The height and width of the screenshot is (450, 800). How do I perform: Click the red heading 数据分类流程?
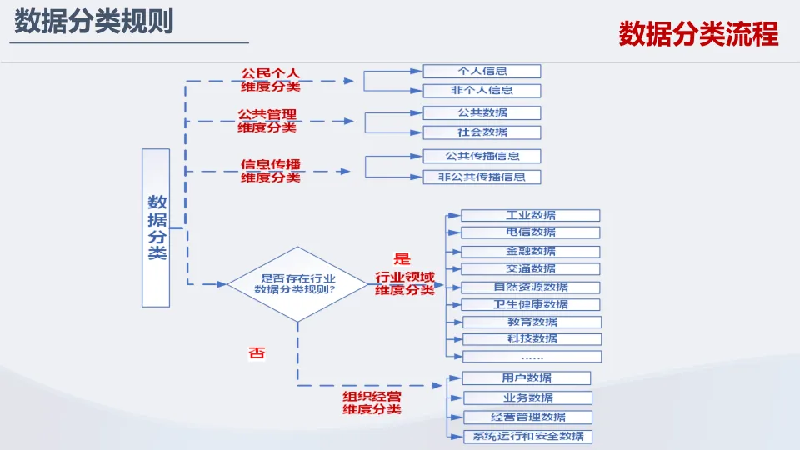(x=698, y=34)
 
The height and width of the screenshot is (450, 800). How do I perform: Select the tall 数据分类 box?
(x=157, y=227)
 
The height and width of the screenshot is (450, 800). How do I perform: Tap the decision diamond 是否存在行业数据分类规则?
(x=297, y=283)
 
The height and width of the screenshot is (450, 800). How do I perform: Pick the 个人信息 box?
(x=482, y=72)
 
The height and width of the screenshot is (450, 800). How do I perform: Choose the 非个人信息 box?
(x=482, y=91)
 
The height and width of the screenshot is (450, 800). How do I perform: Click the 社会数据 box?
(x=482, y=132)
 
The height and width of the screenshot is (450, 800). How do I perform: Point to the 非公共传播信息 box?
(x=482, y=177)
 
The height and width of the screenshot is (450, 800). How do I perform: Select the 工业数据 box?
(x=531, y=215)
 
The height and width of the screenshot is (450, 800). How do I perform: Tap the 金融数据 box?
(x=531, y=251)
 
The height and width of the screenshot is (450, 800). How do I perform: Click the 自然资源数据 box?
(x=531, y=287)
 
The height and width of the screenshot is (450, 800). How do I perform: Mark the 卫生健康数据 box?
(x=531, y=304)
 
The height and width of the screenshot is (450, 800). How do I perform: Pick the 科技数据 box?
(x=531, y=339)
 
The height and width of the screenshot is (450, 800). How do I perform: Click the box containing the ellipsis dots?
(x=531, y=357)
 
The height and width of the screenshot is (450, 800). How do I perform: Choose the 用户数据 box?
(x=527, y=378)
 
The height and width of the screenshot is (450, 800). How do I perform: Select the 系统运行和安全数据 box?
(x=527, y=436)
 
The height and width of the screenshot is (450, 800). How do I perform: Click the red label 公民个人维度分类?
(x=270, y=80)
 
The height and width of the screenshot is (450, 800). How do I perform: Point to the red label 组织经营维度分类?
(x=372, y=402)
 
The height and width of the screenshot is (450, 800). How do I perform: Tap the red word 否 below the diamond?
(x=257, y=353)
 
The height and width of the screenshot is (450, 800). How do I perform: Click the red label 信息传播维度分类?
(x=270, y=170)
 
